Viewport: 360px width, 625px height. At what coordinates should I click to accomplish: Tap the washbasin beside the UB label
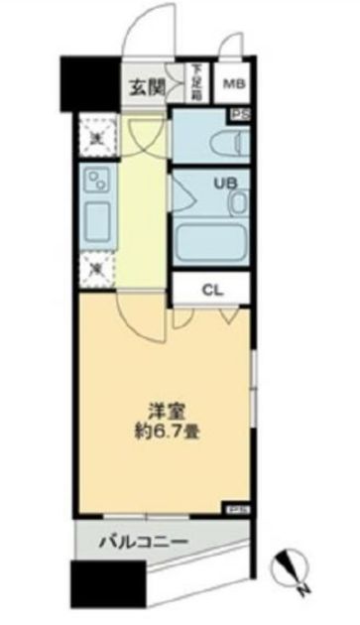[x=238, y=203]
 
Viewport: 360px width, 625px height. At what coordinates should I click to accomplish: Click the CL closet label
[x=212, y=290]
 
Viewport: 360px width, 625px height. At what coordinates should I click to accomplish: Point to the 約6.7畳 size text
[x=166, y=433]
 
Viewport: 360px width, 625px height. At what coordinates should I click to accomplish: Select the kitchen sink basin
[x=98, y=218]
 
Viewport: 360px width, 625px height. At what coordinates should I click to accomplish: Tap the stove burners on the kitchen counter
[x=97, y=181]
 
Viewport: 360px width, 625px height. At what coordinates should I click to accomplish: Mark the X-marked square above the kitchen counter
[x=96, y=138]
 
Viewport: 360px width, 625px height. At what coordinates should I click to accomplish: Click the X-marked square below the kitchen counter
[x=96, y=266]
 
